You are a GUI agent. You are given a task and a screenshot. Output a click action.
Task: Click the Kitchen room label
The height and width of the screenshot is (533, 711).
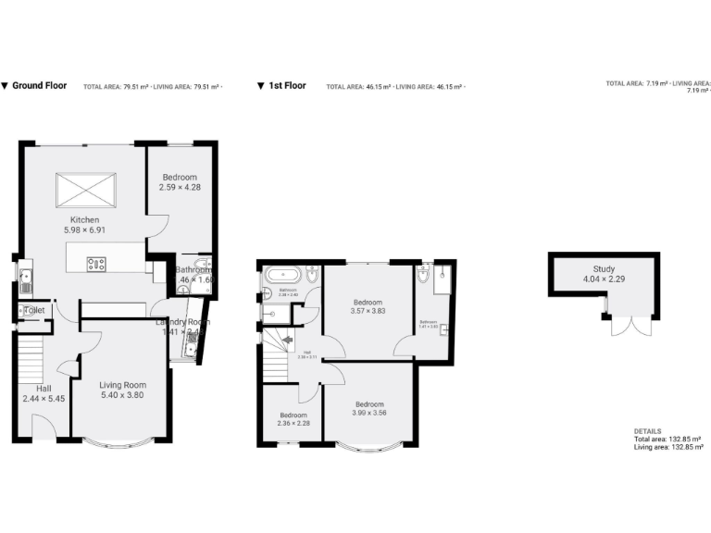coord(84,219)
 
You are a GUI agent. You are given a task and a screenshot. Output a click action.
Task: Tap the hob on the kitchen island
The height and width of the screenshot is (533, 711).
coord(96,264)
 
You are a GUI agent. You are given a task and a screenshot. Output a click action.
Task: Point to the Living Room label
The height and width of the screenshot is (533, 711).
coord(122,384)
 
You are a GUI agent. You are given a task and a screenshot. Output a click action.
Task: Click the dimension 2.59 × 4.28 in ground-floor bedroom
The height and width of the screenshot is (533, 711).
coord(181,187)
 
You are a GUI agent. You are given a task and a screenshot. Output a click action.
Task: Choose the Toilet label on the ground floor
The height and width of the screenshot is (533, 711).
coord(34,310)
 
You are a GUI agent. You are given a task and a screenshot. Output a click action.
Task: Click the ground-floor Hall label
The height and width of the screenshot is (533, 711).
coord(44,388)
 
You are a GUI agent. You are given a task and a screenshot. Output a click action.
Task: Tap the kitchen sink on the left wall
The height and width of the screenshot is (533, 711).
coord(27,273)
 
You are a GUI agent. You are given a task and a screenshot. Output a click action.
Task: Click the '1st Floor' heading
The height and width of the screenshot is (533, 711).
coord(287,86)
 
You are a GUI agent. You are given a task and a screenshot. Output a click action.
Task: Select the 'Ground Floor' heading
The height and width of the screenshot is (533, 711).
coord(39,86)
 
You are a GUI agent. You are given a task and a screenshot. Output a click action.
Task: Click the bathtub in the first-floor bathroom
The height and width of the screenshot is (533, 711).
coord(281,275)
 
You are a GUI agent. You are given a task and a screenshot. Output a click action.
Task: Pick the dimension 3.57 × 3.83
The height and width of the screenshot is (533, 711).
coord(368,312)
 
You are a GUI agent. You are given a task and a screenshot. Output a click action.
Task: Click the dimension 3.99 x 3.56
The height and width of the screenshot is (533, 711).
coord(368,413)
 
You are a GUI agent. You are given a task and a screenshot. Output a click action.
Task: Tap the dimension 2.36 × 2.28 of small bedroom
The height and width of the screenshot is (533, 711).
coord(293,424)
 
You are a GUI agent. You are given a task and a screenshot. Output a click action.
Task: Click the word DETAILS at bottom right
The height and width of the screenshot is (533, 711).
coord(647,430)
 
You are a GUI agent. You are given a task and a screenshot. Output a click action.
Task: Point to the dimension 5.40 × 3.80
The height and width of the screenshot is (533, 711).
coord(122,395)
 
